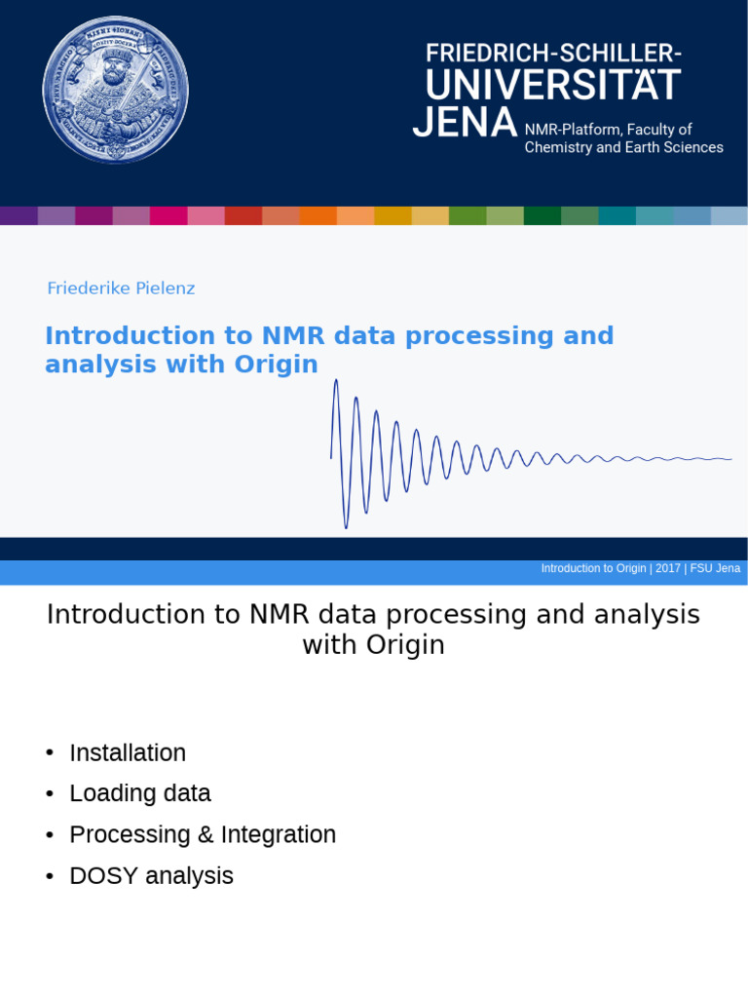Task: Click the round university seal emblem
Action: (x=115, y=90)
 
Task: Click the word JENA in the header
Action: (x=465, y=124)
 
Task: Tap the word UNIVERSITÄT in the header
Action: (x=552, y=86)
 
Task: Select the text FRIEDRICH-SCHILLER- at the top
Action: (x=553, y=54)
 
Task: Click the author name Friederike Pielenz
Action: (x=121, y=288)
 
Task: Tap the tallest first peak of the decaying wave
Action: (x=336, y=382)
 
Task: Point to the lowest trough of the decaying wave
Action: (x=346, y=526)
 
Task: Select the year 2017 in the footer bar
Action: (x=668, y=568)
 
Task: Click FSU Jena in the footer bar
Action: (x=715, y=568)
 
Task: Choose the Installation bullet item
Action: (x=128, y=753)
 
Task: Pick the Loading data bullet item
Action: (x=140, y=794)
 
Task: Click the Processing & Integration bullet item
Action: (x=203, y=835)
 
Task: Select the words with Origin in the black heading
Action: (x=373, y=645)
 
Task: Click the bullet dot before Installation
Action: (x=50, y=753)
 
